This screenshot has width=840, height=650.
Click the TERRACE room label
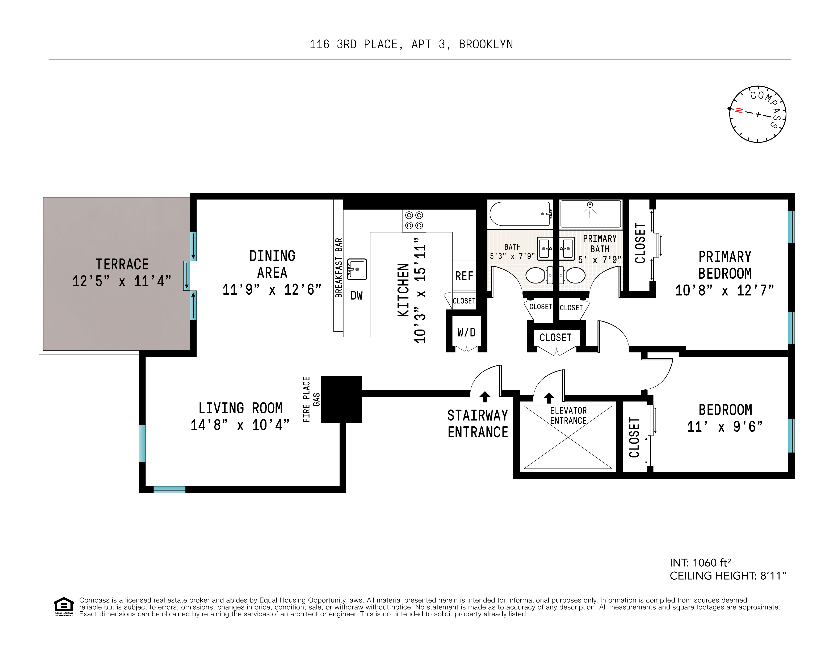[x=122, y=264]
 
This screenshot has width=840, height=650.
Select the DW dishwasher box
[x=357, y=295]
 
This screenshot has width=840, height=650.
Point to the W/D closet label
[x=466, y=332]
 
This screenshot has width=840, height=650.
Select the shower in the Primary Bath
[x=590, y=214]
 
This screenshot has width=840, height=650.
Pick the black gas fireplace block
[x=341, y=399]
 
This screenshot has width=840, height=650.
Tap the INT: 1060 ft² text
[x=700, y=563]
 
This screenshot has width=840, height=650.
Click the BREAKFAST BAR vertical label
[x=339, y=268]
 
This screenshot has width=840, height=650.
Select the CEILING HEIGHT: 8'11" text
[x=728, y=576]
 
